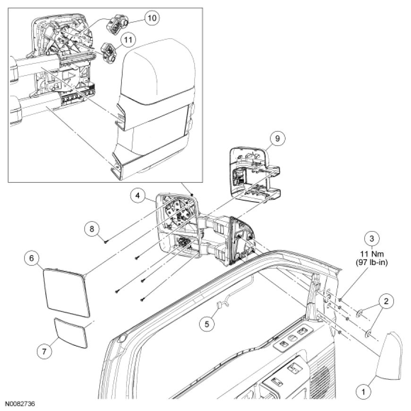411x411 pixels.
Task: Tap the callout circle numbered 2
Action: (386, 300)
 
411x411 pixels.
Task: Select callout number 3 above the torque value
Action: (372, 239)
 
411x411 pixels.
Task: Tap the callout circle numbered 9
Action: (277, 138)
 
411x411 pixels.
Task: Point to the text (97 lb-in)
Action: (372, 263)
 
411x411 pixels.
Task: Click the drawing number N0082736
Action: (20, 405)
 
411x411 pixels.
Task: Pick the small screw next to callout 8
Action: (107, 241)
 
